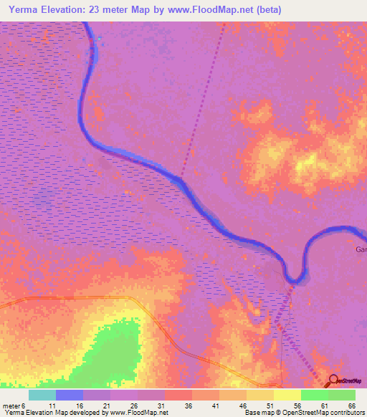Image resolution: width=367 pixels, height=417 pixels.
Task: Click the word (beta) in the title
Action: click(266, 10)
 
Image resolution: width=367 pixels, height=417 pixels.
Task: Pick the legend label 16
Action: click(80, 405)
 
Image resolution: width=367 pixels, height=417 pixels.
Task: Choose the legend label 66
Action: click(351, 405)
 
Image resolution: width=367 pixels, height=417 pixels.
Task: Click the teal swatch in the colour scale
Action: click(42, 395)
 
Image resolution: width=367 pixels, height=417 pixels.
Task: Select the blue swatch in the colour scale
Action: click(70, 395)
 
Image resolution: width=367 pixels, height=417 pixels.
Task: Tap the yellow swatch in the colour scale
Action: click(287, 395)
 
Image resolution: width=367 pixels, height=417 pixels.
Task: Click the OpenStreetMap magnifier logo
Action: click(333, 380)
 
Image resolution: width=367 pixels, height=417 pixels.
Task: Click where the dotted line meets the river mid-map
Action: click(181, 177)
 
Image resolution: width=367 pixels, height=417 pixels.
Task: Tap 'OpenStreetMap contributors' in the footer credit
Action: click(325, 413)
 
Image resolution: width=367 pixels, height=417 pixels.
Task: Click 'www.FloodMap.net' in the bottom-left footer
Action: click(137, 413)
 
